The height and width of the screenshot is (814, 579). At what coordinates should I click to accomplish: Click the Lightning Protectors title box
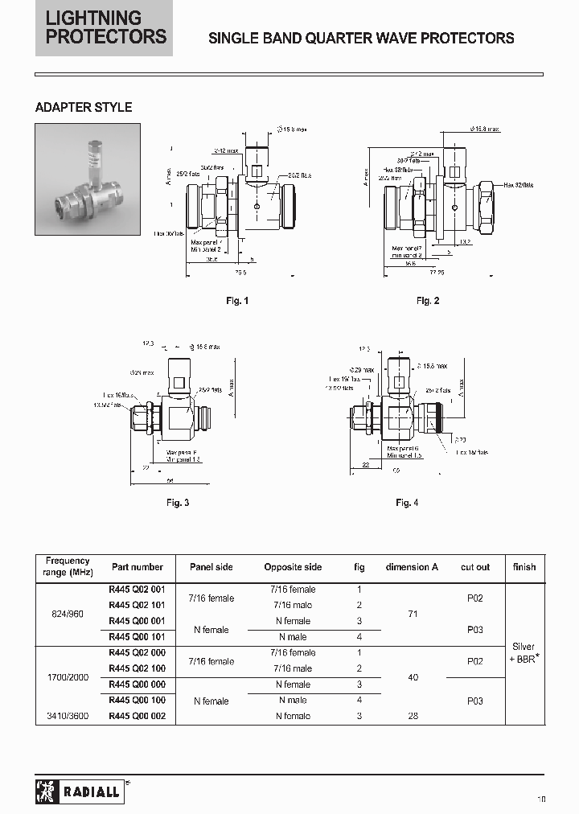tap(104, 28)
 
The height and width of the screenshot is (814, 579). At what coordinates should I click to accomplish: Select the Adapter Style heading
tap(84, 107)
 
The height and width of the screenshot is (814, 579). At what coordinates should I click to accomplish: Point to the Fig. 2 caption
tap(428, 301)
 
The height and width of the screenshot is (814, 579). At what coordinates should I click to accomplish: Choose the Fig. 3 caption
tap(178, 503)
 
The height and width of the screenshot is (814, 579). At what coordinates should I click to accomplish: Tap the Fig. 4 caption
tap(408, 503)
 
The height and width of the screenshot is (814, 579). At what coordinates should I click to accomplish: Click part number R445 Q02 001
tap(137, 590)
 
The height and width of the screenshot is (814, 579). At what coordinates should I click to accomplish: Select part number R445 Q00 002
tap(137, 716)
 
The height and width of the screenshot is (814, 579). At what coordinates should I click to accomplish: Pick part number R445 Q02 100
tap(137, 668)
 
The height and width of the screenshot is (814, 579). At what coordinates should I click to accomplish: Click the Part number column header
tap(137, 567)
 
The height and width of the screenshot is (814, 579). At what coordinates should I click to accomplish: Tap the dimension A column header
tap(412, 567)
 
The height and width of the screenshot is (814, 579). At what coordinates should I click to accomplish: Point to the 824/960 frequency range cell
tap(68, 613)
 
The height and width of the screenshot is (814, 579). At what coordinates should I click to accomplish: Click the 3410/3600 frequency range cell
tap(68, 716)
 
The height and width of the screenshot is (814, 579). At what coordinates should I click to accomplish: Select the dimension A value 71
tap(413, 613)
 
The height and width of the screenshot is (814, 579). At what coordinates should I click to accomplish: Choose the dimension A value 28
tap(413, 716)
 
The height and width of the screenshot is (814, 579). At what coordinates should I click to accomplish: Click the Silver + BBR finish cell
tap(524, 653)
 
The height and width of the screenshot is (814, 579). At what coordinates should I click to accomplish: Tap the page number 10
tap(542, 799)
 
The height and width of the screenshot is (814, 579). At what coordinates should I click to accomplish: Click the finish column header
tap(524, 567)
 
